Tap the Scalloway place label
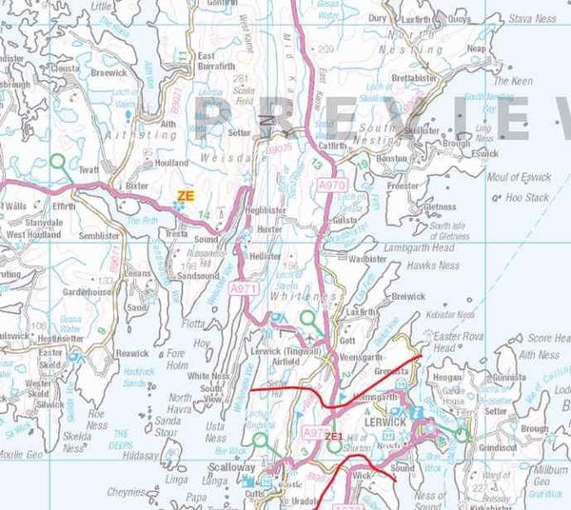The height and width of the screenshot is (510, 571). pos(233,468)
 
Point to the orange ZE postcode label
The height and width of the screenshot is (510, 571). pos(185,195)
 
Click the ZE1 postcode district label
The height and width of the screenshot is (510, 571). pos(333,435)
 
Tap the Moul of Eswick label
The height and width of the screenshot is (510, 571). pos(519,178)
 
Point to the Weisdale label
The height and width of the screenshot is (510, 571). pos(226,162)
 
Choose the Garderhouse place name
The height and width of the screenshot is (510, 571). pos(83,293)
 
